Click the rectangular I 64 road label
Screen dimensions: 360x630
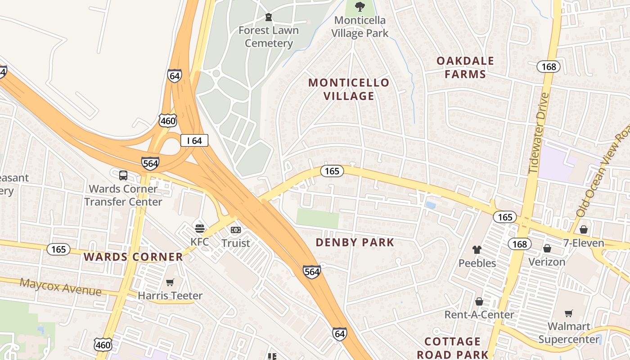click(194, 141)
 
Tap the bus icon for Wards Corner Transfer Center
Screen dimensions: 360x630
click(123, 175)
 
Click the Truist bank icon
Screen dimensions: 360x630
click(235, 230)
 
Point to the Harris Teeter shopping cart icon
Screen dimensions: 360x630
click(170, 283)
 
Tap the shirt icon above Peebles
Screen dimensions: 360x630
click(477, 250)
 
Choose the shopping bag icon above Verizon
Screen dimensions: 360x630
click(547, 248)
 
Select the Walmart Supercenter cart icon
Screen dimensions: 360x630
click(569, 313)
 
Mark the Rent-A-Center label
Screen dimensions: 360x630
click(479, 315)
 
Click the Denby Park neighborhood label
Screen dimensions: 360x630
click(355, 243)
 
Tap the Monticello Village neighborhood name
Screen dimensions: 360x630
click(349, 89)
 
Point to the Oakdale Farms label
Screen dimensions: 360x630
click(465, 67)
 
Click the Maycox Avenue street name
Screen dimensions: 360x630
click(60, 287)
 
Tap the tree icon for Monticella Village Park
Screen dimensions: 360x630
click(360, 7)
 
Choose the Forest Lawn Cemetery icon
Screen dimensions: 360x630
click(269, 18)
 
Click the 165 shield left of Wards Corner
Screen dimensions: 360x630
click(58, 249)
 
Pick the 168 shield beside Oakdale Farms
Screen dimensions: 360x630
click(549, 67)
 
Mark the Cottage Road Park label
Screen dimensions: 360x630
click(453, 348)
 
